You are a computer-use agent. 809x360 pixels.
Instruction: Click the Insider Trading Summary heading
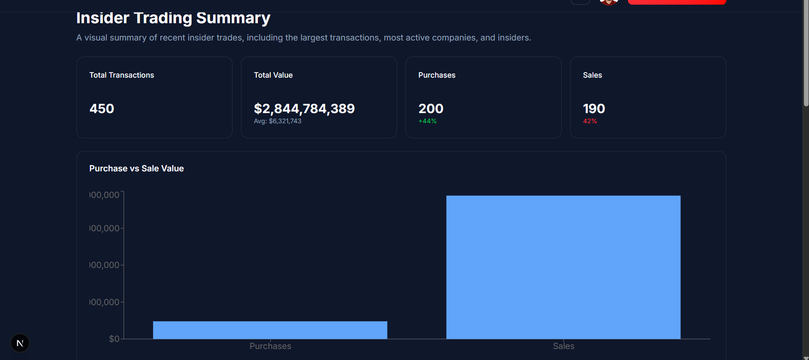[173, 18]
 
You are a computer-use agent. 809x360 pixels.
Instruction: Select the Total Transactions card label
[122, 75]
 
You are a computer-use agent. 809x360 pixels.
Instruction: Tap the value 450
[102, 109]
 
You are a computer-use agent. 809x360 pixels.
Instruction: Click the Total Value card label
[273, 75]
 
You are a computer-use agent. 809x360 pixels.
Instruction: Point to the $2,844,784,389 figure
[304, 109]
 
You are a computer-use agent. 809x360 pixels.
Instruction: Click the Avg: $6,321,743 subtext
[277, 121]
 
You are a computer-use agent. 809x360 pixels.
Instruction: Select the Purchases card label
[437, 75]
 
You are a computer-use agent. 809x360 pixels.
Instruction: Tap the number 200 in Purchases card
[430, 109]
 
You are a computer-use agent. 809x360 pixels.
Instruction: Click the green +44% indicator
[427, 121]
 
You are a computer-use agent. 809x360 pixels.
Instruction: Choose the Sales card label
[592, 75]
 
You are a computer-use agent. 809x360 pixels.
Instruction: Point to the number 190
[594, 109]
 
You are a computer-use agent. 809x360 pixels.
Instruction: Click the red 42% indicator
[590, 121]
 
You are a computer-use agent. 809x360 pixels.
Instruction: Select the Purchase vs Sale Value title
[136, 168]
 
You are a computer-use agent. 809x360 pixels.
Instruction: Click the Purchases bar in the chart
[270, 330]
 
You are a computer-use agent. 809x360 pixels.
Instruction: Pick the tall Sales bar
[563, 267]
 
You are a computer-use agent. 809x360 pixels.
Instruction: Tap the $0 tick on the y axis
[114, 339]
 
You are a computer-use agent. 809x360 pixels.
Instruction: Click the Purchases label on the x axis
[270, 346]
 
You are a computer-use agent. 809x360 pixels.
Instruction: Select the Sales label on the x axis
[563, 346]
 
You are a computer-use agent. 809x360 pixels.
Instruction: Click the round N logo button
[20, 343]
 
